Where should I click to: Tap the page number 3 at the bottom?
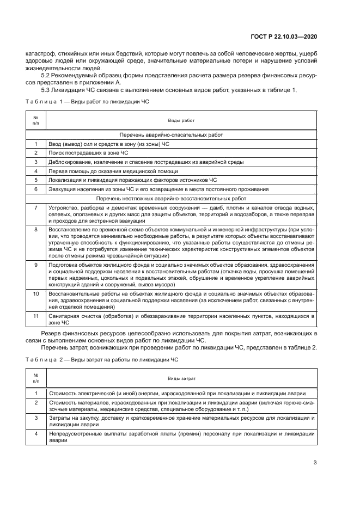[x=315, y=463]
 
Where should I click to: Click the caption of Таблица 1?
[x=88, y=101]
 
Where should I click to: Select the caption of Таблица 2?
[x=88, y=360]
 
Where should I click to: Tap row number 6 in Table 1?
[x=35, y=189]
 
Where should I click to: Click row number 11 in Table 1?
[x=35, y=315]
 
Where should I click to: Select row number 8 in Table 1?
[x=35, y=229]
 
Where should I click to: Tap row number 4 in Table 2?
[x=35, y=434]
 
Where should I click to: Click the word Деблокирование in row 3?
[x=69, y=162]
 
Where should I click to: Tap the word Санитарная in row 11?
[x=65, y=315]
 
